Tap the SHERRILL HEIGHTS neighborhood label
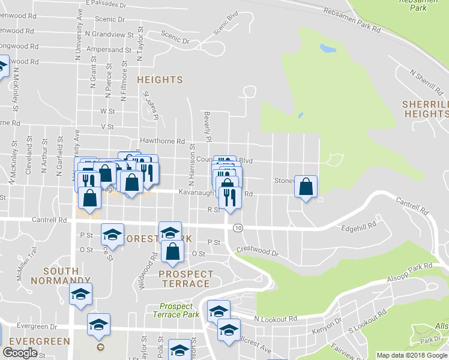click(x=425, y=109)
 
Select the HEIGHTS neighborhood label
click(x=160, y=80)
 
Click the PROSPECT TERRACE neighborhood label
click(x=184, y=278)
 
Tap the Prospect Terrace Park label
click(x=175, y=310)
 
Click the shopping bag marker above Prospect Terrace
click(x=173, y=251)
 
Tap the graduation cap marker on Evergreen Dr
click(x=98, y=325)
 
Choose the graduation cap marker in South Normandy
click(x=80, y=294)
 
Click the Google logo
click(x=20, y=352)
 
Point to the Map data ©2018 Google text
click(x=412, y=355)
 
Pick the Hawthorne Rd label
click(x=161, y=141)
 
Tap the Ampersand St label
click(x=109, y=50)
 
